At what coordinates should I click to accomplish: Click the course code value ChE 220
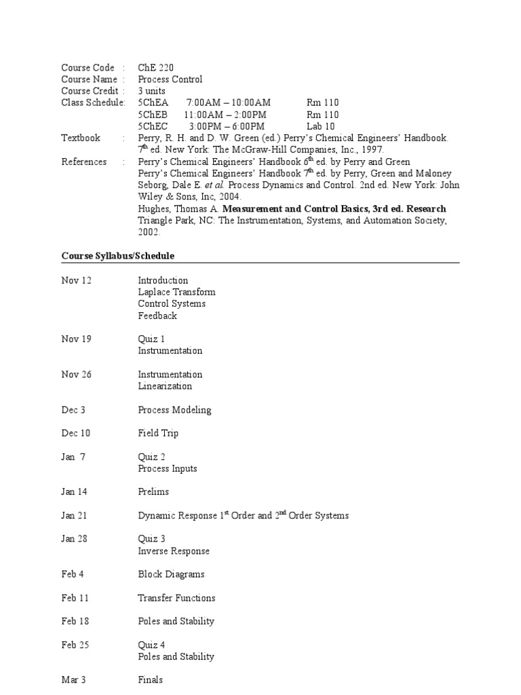click(x=155, y=67)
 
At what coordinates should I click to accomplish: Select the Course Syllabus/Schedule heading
click(x=118, y=256)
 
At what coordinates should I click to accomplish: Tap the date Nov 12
click(x=76, y=280)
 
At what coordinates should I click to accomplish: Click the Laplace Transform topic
click(x=176, y=292)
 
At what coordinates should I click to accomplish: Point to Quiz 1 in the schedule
click(x=151, y=339)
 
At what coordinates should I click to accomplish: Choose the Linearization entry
click(x=165, y=386)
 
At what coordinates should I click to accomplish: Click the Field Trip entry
click(x=158, y=433)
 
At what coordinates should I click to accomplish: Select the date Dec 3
click(x=73, y=410)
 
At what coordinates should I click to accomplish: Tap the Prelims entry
click(x=153, y=491)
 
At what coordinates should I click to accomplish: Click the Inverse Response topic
click(x=174, y=551)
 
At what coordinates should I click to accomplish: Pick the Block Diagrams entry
click(x=171, y=574)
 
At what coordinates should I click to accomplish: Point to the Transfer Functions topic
click(x=176, y=598)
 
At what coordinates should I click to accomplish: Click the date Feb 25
click(x=75, y=645)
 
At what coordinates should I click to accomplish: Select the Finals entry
click(x=150, y=680)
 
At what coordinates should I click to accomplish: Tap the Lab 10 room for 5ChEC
click(x=321, y=126)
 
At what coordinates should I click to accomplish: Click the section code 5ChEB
click(x=153, y=115)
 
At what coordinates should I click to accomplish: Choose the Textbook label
click(x=81, y=138)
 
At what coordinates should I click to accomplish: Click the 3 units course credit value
click(x=151, y=91)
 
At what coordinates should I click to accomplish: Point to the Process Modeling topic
click(x=174, y=410)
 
